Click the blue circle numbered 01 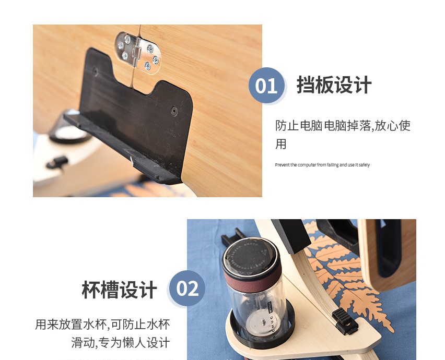(266, 86)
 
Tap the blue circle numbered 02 (188, 289)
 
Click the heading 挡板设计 (334, 85)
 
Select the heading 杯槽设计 (119, 290)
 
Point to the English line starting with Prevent (322, 165)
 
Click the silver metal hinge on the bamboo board (138, 53)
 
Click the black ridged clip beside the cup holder (344, 321)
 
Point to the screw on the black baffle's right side (174, 111)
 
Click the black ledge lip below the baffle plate (122, 148)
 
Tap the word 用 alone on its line (280, 144)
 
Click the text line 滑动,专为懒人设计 (121, 343)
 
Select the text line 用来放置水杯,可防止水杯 (102, 325)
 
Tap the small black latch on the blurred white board (57, 162)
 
